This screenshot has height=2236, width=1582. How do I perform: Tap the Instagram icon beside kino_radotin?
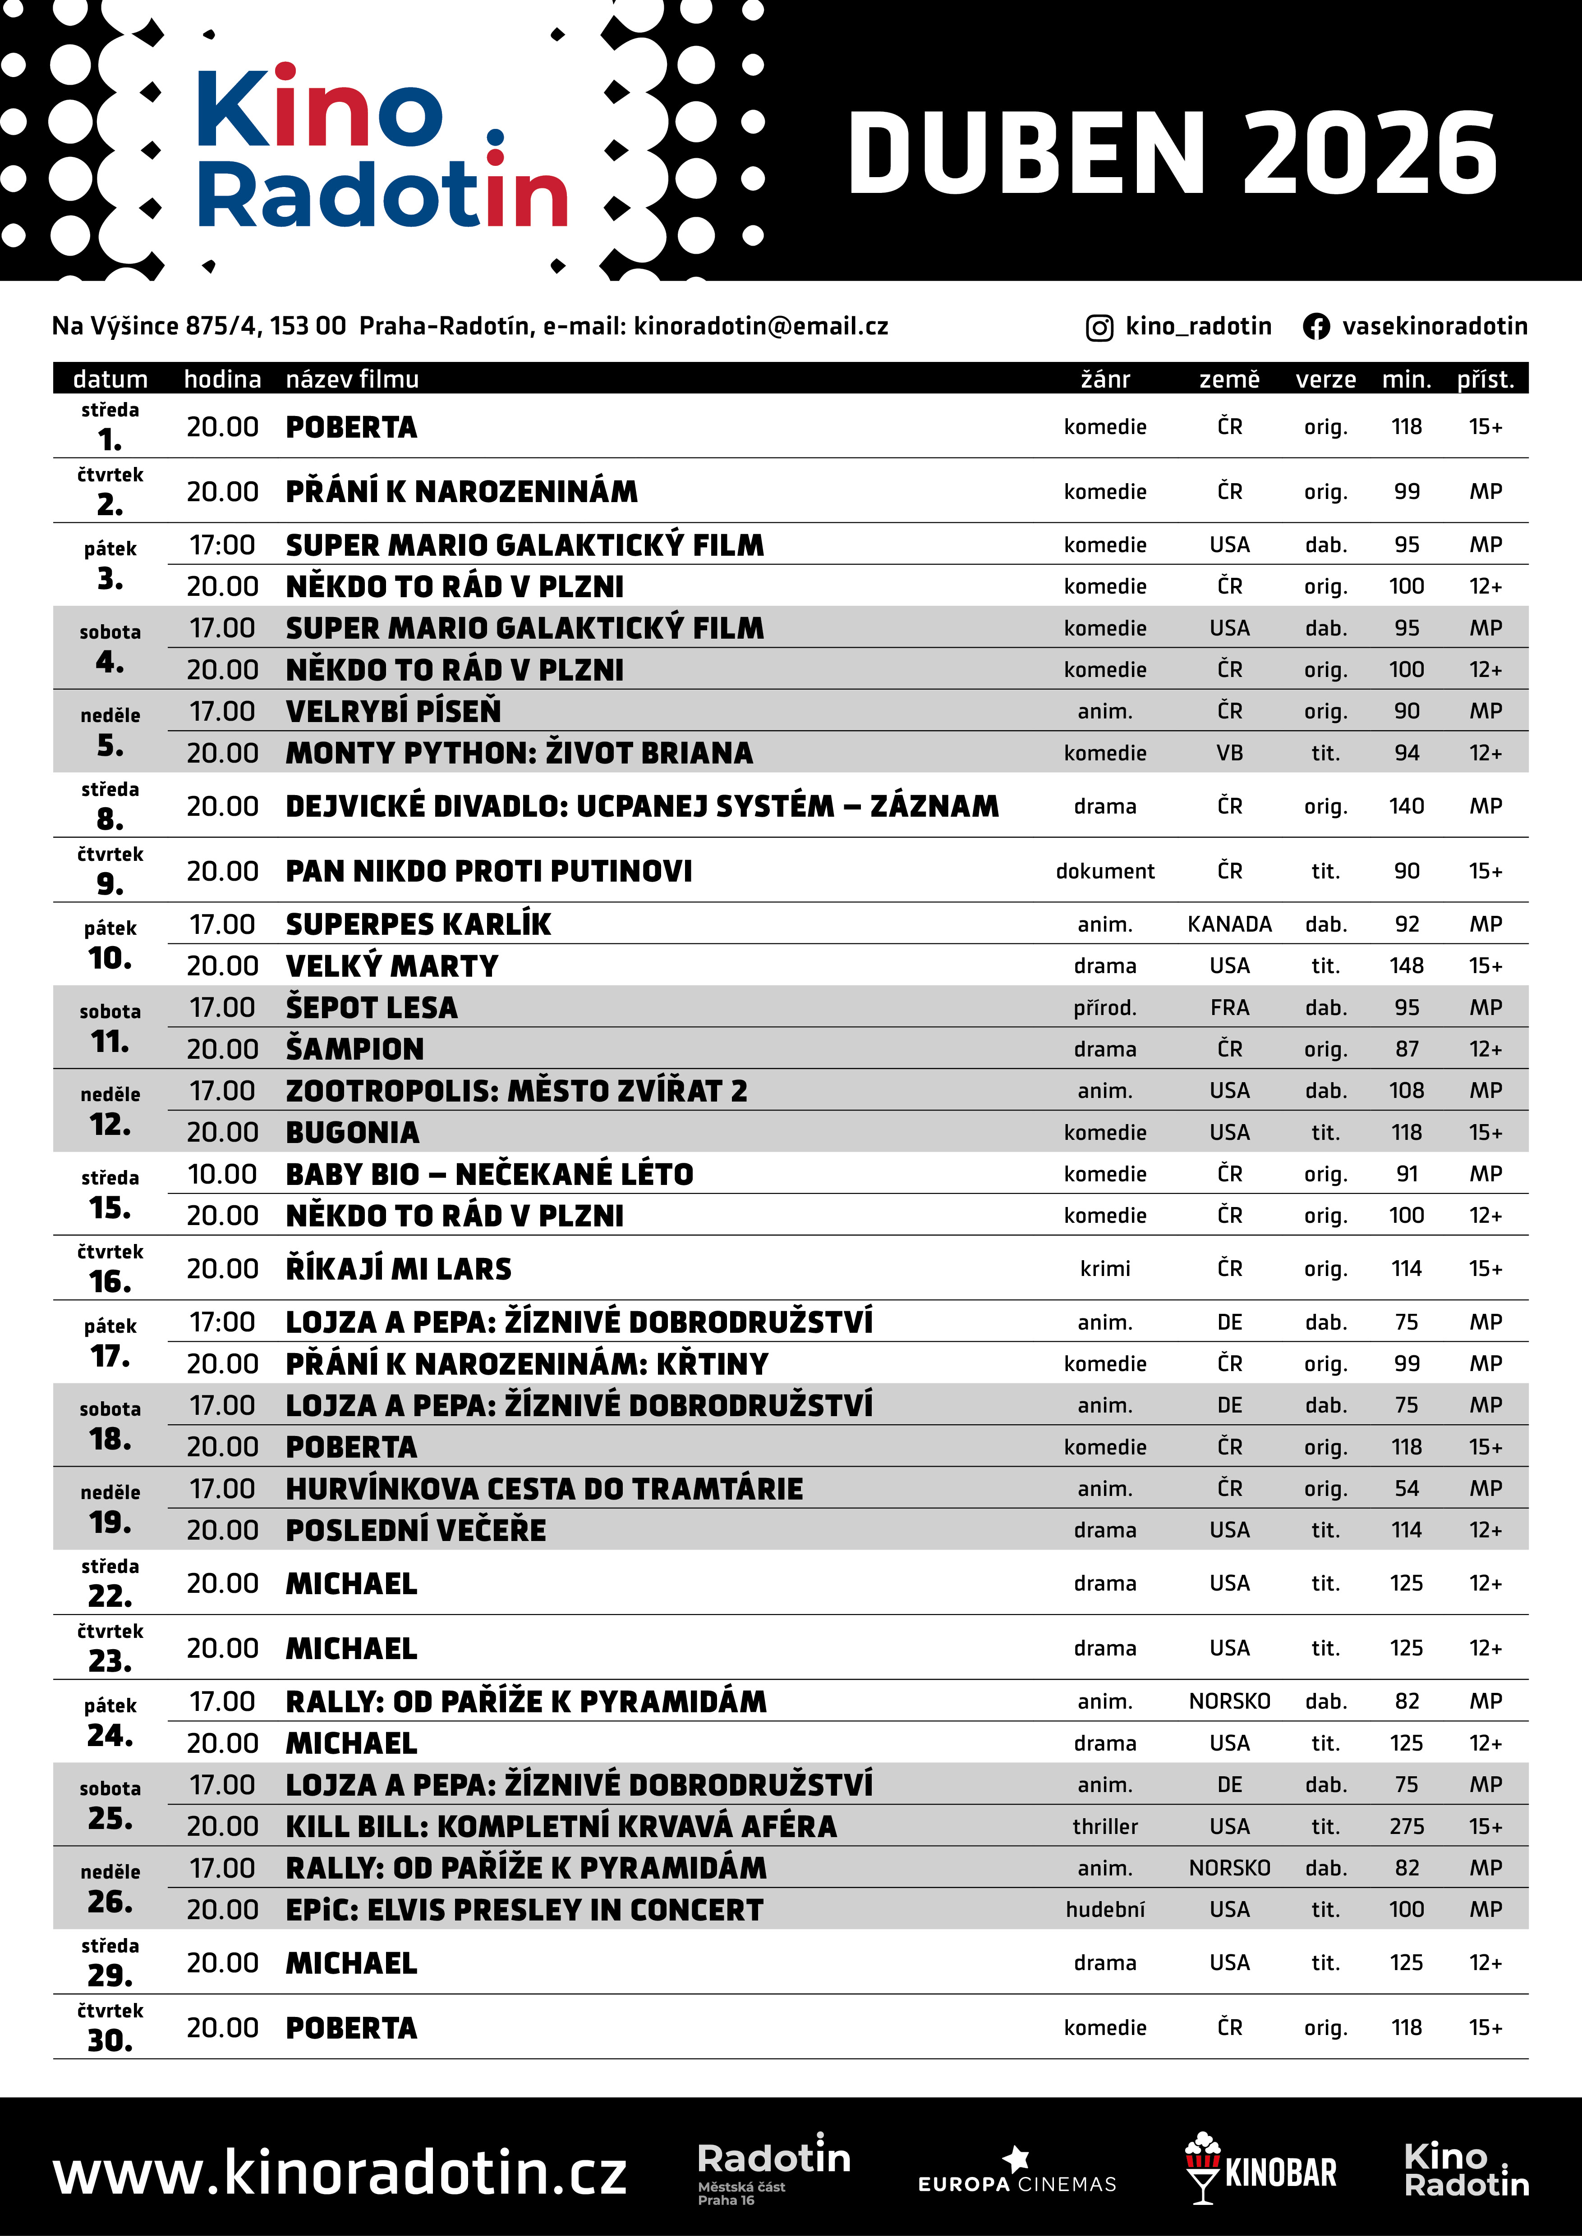(x=1099, y=327)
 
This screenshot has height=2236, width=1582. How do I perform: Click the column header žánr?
(x=1105, y=379)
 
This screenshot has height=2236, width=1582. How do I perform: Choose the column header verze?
(x=1325, y=379)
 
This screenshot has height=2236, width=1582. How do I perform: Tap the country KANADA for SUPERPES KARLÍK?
(x=1229, y=924)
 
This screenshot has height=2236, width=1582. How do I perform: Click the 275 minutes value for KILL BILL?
(x=1406, y=1826)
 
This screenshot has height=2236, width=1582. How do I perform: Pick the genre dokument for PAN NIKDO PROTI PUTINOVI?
(x=1105, y=871)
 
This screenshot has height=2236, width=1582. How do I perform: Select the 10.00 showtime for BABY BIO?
(x=222, y=1174)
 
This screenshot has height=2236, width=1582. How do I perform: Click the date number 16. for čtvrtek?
(x=110, y=1282)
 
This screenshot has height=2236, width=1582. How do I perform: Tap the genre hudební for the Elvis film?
(x=1105, y=1910)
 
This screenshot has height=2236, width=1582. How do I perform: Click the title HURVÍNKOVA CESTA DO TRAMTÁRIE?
(x=543, y=1488)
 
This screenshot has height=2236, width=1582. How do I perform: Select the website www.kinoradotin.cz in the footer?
(x=340, y=2172)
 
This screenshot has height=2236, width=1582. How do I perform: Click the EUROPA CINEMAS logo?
(x=1017, y=2173)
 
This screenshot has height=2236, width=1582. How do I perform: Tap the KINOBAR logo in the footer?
(x=1260, y=2171)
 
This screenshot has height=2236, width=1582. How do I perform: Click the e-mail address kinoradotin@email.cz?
(x=761, y=326)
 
